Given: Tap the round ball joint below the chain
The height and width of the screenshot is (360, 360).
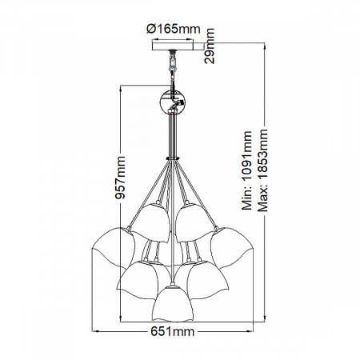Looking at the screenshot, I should (171, 102).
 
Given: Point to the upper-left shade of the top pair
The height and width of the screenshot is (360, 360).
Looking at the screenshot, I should (152, 223).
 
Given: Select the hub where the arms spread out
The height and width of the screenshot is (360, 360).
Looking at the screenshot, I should (171, 158).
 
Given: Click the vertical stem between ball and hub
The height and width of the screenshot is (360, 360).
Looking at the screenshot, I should (171, 136).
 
